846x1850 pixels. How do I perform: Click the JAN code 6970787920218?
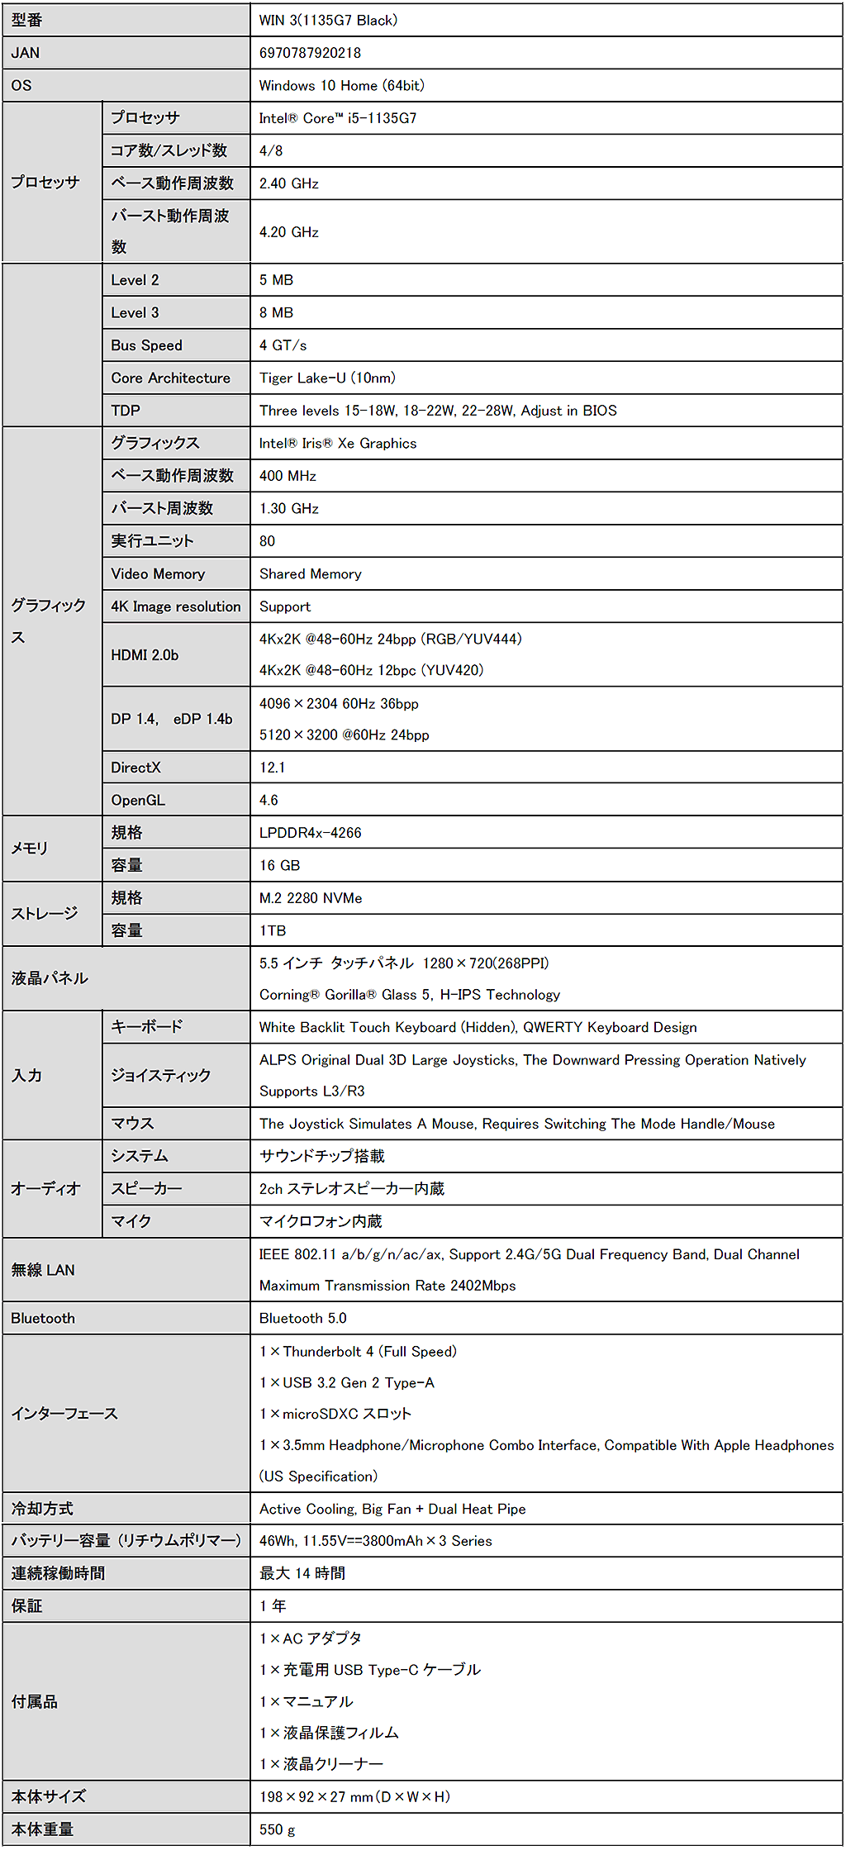(310, 53)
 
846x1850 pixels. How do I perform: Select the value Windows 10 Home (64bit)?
(341, 85)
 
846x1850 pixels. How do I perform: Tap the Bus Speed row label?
(146, 345)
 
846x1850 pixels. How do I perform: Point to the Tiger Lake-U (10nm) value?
(327, 378)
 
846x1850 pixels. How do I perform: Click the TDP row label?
(126, 411)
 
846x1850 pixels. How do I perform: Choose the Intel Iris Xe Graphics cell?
(338, 443)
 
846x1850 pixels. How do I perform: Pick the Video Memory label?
(158, 573)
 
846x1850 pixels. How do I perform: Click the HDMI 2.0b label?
(145, 654)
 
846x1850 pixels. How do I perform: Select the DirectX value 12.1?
(272, 768)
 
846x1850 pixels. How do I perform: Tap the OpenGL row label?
(138, 800)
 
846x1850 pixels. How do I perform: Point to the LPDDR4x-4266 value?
(310, 833)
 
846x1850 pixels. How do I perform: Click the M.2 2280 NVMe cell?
(311, 898)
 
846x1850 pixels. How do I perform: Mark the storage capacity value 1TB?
(273, 930)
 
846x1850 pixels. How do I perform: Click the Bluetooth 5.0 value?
(302, 1318)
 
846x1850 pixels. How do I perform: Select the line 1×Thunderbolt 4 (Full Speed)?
(358, 1352)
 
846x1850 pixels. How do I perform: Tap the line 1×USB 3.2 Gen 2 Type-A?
(346, 1382)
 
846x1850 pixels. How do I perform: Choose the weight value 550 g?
(277, 1829)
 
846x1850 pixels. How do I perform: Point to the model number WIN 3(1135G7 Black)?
(328, 20)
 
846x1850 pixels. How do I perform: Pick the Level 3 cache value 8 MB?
(276, 312)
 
